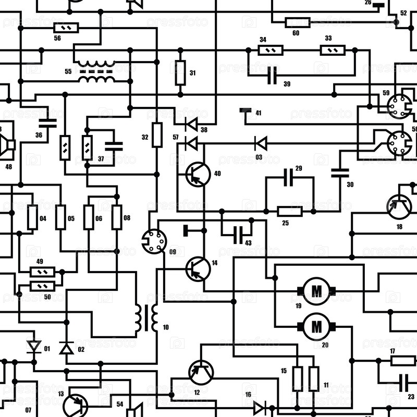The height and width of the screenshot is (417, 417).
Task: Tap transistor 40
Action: pos(198,174)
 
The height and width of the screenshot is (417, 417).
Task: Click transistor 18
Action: pos(399,207)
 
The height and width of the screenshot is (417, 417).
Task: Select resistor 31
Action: pos(180,73)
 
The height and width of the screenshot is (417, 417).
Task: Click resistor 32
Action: pos(157,135)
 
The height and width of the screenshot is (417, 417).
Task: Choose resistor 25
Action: pos(290,211)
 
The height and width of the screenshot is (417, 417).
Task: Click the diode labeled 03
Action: pos(260,143)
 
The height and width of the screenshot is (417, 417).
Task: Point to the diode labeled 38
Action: pos(191,124)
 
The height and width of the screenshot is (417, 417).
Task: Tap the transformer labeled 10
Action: pos(148,317)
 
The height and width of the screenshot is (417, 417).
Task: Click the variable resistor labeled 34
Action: pos(271,51)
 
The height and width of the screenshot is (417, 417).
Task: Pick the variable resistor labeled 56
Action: pos(66,28)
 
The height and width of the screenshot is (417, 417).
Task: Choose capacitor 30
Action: pos(340,173)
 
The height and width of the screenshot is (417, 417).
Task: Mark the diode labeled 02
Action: pos(66,348)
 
